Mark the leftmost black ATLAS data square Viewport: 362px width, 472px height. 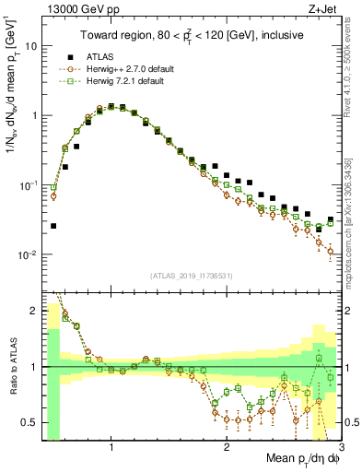[53, 225]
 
